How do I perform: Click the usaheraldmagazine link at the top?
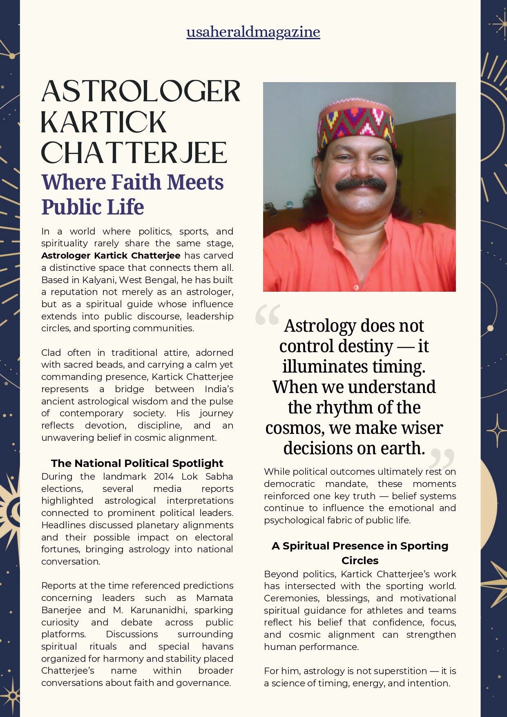coord(253,32)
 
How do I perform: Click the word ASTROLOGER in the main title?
coord(141,92)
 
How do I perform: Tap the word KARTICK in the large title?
coord(104,122)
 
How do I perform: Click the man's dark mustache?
coord(361,184)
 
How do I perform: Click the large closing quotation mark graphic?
coord(442,458)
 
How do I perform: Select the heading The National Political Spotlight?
coord(137,463)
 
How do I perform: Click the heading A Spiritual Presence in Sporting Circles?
coord(360,553)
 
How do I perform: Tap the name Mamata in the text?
coord(214,598)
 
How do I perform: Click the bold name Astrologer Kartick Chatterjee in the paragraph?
coord(111,256)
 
